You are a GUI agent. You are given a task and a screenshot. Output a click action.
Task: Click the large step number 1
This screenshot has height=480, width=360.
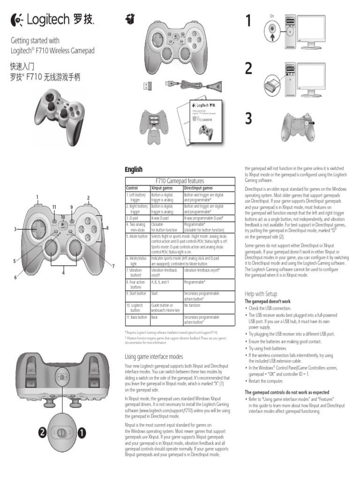(248, 22)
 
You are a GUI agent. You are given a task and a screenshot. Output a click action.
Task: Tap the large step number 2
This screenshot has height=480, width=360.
(248, 68)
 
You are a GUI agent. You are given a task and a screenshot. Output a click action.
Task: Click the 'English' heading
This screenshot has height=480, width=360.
(133, 169)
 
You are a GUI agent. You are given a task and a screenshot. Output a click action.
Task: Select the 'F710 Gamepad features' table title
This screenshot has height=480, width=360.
(180, 180)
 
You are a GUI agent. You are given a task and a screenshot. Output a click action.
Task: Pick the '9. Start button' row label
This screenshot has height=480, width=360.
(136, 293)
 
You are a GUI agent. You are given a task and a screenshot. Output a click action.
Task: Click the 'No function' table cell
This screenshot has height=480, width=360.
(193, 305)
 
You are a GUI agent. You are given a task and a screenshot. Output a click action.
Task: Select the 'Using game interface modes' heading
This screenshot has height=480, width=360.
(153, 357)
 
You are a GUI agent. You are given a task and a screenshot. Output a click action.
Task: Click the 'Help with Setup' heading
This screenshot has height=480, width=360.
(261, 293)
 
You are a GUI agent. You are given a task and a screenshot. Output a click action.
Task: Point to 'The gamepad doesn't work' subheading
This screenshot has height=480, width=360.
(268, 301)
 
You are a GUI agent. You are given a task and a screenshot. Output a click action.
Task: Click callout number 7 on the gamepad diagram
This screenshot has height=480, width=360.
(113, 266)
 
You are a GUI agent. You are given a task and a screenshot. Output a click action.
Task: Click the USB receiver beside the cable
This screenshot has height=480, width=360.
(148, 85)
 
